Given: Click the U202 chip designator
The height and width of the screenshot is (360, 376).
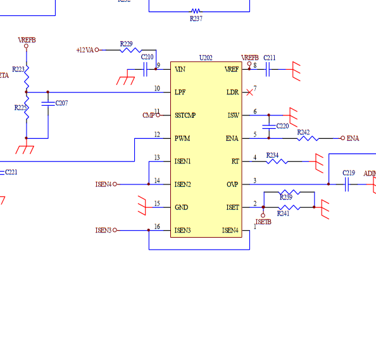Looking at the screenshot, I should tap(206, 58).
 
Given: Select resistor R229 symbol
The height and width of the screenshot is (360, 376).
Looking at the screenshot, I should tap(127, 50).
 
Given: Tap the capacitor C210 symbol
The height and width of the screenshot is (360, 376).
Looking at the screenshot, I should tap(146, 69).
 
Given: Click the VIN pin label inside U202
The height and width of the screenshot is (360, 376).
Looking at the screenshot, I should tap(180, 69).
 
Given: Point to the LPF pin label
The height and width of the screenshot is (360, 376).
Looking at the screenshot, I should tap(180, 93).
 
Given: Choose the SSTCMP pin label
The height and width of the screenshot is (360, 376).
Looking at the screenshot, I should tap(185, 115).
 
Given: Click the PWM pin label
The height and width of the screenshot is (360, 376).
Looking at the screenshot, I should tap(182, 138).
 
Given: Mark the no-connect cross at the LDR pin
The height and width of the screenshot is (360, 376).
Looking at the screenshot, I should tap(249, 93).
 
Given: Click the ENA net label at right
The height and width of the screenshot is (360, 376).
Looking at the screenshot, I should tap(353, 138).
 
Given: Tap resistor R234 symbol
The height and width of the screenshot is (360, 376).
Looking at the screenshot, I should tap(276, 162).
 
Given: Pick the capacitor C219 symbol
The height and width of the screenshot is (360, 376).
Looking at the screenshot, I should tap(348, 184).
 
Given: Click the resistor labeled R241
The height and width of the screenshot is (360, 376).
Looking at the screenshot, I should tap(289, 207).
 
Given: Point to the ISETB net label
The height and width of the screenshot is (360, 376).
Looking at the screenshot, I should tap(263, 222).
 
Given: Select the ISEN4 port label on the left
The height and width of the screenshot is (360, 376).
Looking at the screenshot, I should tap(103, 184).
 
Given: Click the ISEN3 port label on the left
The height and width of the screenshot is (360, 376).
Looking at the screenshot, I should tap(103, 230).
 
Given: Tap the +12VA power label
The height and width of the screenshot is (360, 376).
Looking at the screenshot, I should tap(84, 50).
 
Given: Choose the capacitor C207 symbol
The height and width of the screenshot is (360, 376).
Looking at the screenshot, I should tap(47, 103).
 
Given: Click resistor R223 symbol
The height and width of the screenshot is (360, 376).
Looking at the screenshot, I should tap(27, 78).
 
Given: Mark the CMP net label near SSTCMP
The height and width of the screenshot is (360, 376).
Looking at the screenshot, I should tap(148, 115).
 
